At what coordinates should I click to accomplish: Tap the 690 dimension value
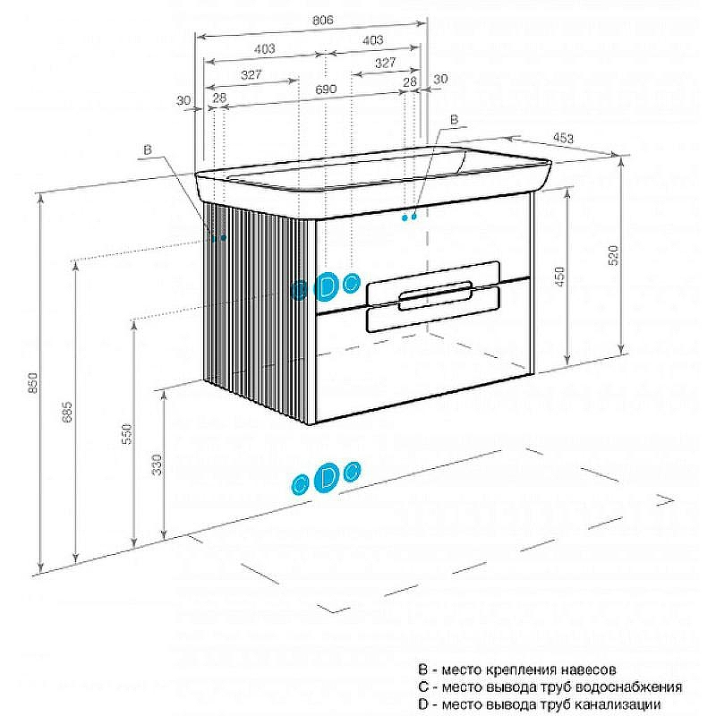point(325,89)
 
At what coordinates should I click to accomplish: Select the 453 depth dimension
point(563,138)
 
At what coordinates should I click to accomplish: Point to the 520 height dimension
point(613,255)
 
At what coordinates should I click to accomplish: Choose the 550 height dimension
point(127,434)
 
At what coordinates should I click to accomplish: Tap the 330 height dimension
point(158,465)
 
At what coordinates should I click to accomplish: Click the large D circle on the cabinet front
point(328,286)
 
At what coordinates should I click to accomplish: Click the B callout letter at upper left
point(149,150)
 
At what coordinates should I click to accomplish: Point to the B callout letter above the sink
point(454,119)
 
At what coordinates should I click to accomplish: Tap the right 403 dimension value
point(373,40)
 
